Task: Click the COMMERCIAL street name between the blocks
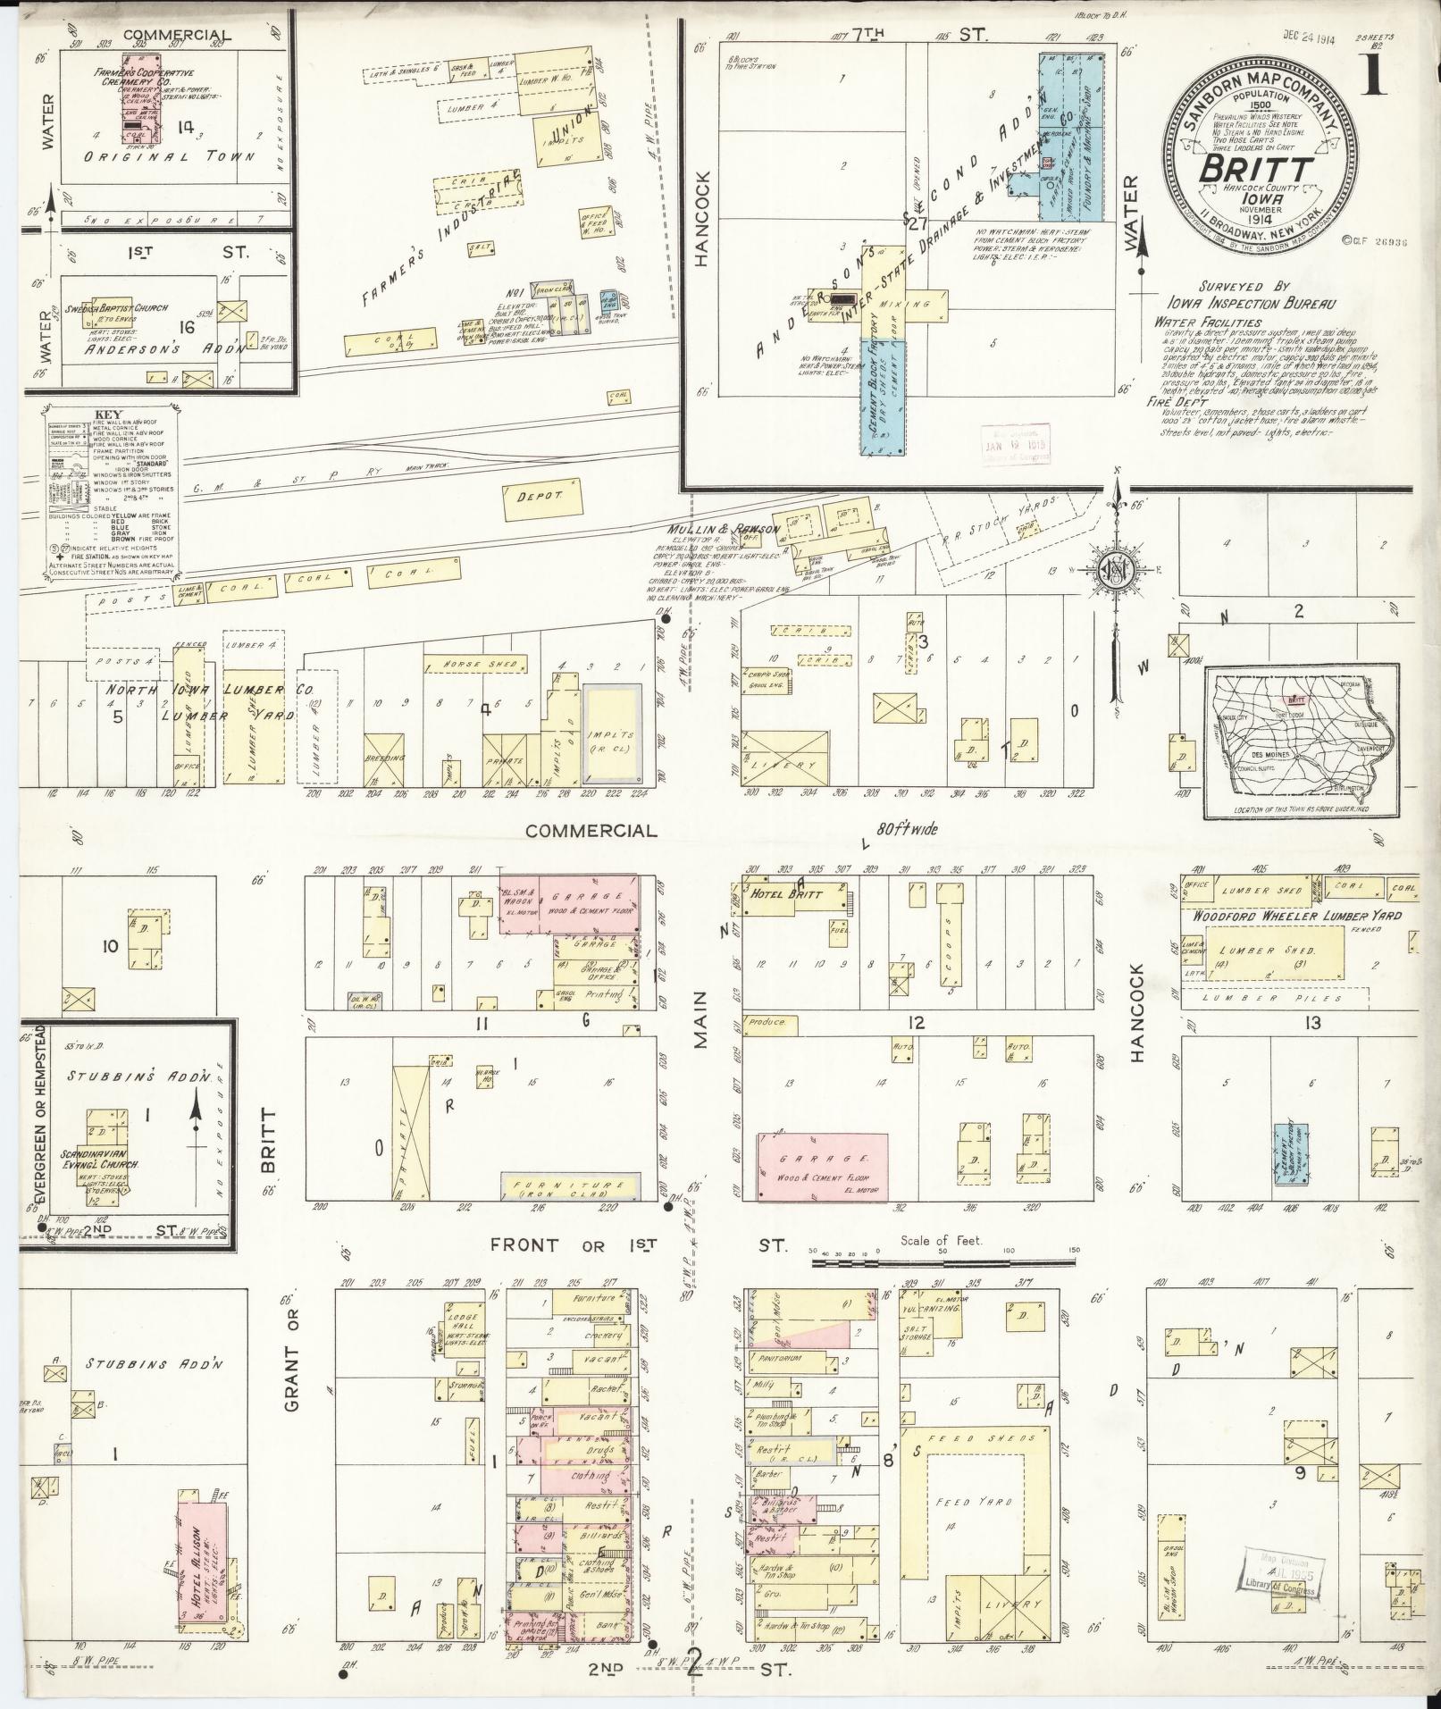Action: (591, 831)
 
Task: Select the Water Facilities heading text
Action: (1207, 323)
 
